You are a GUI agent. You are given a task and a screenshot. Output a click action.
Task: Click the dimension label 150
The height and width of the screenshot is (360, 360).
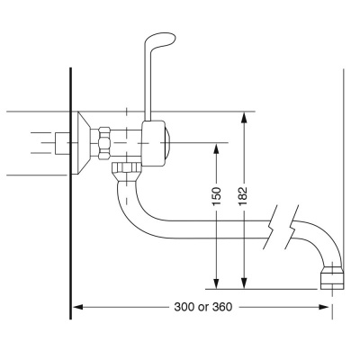pos(217,198)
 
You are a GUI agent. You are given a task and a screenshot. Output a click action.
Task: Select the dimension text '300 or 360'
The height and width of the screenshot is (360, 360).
pos(202,307)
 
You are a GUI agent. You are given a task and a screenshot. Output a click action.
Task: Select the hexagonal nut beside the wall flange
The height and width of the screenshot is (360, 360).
pos(103,142)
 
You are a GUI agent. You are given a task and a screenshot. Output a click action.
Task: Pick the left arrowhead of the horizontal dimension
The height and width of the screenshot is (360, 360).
pos(78,307)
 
